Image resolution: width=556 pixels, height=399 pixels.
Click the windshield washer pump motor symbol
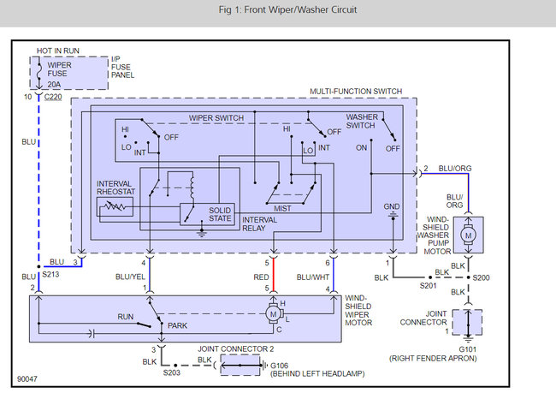coord(467,233)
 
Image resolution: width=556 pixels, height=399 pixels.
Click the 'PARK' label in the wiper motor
coord(176,325)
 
